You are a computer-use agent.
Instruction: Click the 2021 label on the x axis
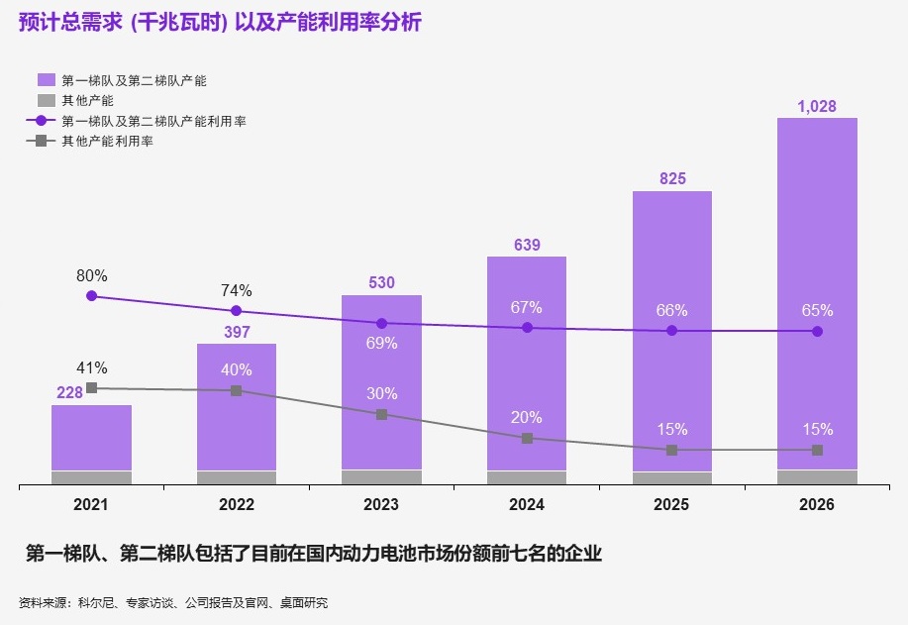pyautogui.click(x=91, y=504)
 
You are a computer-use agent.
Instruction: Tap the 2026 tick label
pyautogui.click(x=817, y=504)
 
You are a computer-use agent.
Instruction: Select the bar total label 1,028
pyautogui.click(x=817, y=105)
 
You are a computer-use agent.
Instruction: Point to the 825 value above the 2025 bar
pyautogui.click(x=672, y=178)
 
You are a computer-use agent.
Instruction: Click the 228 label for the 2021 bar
pyautogui.click(x=69, y=393)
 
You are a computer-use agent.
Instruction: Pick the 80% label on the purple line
pyautogui.click(x=92, y=275)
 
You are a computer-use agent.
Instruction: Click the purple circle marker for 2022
pyautogui.click(x=237, y=310)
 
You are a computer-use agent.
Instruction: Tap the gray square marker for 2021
pyautogui.click(x=92, y=388)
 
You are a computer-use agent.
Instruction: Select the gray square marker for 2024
pyautogui.click(x=527, y=438)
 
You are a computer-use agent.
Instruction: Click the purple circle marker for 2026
pyautogui.click(x=817, y=331)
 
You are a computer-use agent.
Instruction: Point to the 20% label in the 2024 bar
pyautogui.click(x=527, y=417)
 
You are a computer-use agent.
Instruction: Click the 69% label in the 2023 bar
pyautogui.click(x=381, y=343)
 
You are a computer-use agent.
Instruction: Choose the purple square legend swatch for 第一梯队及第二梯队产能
pyautogui.click(x=46, y=79)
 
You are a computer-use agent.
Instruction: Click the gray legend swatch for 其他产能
pyautogui.click(x=46, y=100)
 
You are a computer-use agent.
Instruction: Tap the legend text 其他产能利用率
pyautogui.click(x=107, y=142)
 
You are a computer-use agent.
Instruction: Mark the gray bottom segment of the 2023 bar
pyautogui.click(x=381, y=477)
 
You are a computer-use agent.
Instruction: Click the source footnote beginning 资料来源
pyautogui.click(x=173, y=602)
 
